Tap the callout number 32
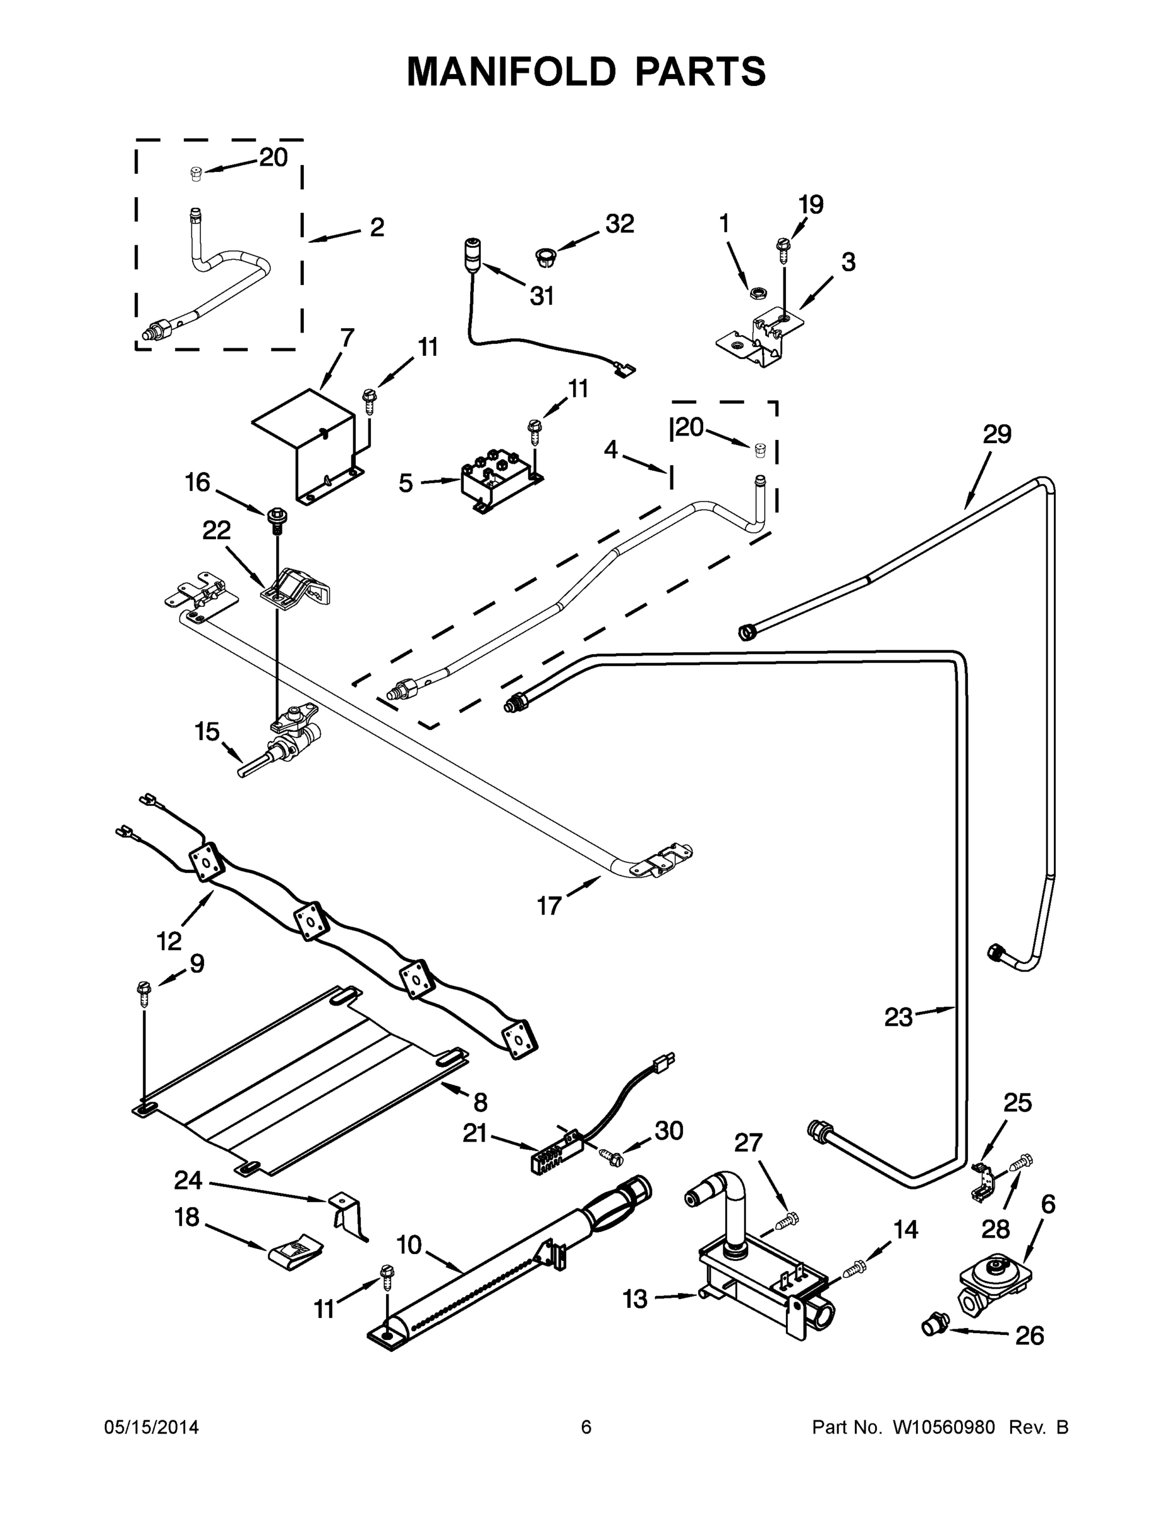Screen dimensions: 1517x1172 pos(619,224)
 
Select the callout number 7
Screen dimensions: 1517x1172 pos(347,338)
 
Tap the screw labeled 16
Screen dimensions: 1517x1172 pos(276,519)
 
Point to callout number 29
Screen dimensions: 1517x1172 pos(996,435)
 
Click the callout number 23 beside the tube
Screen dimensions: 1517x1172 pos(898,1018)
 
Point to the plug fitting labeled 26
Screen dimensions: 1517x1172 pos(934,1325)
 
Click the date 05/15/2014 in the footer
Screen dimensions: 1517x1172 pos(152,1427)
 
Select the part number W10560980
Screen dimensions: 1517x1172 pos(943,1427)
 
